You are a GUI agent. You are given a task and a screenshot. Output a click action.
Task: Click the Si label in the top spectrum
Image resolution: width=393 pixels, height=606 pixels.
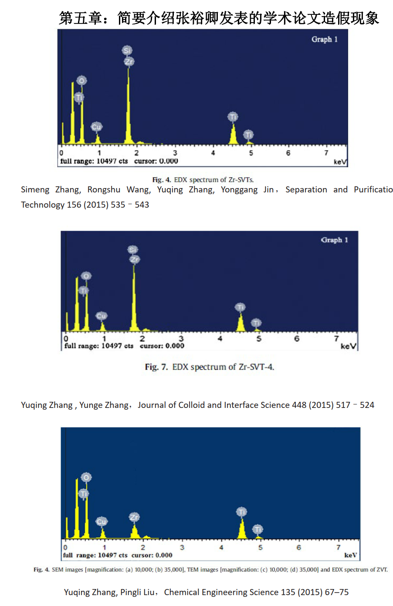pyautogui.click(x=127, y=50)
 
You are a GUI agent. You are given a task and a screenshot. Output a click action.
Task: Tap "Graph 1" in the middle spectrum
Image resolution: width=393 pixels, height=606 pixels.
pyautogui.click(x=334, y=240)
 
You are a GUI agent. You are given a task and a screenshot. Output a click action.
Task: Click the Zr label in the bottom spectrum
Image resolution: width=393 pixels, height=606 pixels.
pyautogui.click(x=134, y=517)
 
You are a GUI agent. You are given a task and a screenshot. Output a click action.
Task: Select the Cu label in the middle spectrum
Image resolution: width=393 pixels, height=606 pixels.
pyautogui.click(x=102, y=316)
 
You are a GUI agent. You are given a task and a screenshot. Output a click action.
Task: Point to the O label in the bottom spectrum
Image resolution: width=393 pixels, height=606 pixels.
pyautogui.click(x=86, y=478)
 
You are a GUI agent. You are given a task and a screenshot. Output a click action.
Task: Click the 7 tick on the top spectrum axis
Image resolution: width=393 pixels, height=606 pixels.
pyautogui.click(x=326, y=153)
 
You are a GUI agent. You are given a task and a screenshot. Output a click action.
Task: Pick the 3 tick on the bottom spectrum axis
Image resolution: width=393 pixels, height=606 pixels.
pyautogui.click(x=182, y=547)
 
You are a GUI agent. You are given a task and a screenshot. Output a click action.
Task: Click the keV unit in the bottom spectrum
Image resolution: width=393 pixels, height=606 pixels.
pyautogui.click(x=350, y=555)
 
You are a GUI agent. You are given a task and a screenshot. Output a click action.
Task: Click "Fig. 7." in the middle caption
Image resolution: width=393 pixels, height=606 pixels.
pyautogui.click(x=156, y=367)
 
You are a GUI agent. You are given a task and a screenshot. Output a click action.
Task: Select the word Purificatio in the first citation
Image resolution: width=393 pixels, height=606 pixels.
pyautogui.click(x=373, y=190)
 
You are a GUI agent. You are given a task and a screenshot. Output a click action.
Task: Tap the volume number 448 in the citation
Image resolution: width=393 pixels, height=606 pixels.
pyautogui.click(x=299, y=405)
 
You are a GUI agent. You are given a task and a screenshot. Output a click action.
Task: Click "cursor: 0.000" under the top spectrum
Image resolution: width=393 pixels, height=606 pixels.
pyautogui.click(x=156, y=161)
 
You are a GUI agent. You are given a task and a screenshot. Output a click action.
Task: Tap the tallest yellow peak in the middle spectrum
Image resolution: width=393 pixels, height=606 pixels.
pyautogui.click(x=134, y=296)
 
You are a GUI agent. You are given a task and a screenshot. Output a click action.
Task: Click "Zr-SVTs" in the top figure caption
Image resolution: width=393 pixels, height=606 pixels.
pyautogui.click(x=241, y=180)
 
